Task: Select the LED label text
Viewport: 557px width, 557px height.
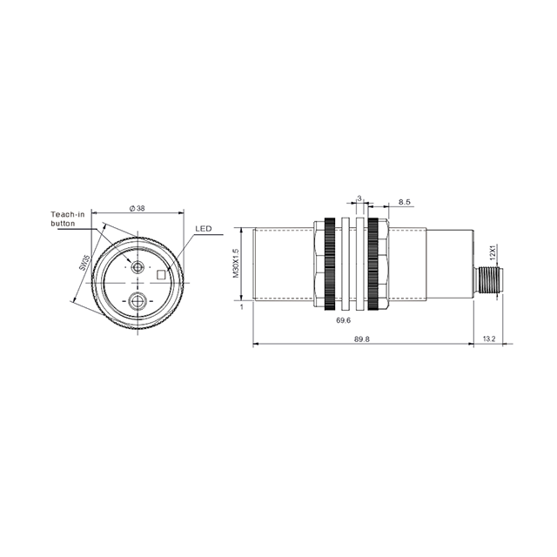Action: coord(203,229)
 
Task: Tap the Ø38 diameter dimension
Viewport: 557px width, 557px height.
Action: coord(136,208)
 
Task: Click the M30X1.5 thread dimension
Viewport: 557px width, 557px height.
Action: coord(235,264)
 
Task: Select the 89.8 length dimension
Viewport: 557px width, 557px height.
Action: coord(362,339)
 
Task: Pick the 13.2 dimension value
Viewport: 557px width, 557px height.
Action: coord(487,339)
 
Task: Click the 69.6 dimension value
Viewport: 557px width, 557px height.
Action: coord(343,321)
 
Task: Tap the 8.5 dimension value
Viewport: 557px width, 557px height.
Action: coord(405,202)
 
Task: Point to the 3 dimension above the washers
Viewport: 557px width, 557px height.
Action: coord(358,198)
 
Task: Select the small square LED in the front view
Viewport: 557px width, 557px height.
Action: coord(161,275)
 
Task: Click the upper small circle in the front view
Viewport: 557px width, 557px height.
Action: coord(138,266)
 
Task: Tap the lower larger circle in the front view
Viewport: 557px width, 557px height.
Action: coord(138,302)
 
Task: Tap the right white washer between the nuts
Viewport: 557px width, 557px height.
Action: coord(359,265)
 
